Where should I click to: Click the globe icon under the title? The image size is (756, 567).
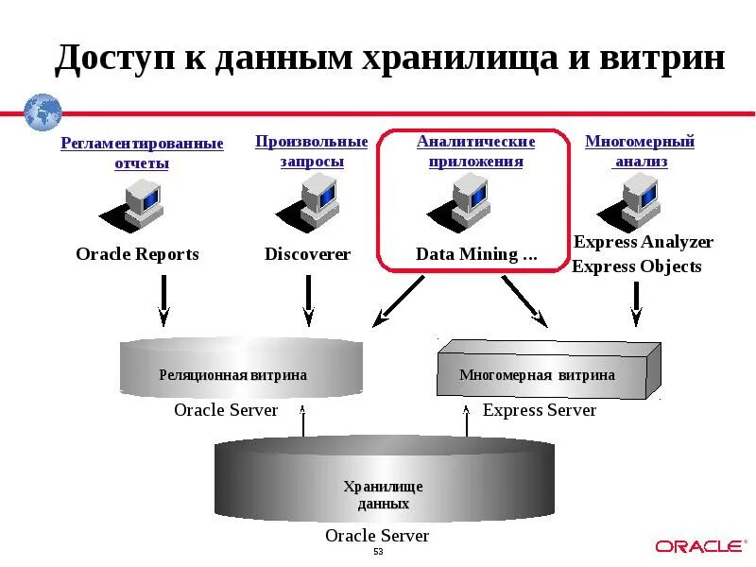(x=43, y=112)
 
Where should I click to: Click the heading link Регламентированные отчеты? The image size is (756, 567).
(x=142, y=153)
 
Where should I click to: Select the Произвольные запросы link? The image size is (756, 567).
(x=311, y=151)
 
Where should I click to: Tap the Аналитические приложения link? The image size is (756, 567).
(x=475, y=151)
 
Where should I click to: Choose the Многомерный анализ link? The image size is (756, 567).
(x=640, y=151)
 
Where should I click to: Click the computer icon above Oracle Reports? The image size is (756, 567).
(x=138, y=203)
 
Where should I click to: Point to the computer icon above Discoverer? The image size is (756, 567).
(x=312, y=201)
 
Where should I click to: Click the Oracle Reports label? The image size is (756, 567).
(x=137, y=254)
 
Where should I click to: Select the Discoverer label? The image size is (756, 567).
(x=307, y=254)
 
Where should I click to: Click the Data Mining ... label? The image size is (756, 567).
(x=476, y=254)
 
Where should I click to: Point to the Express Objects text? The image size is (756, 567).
(x=636, y=266)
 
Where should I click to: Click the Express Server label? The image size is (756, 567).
(x=540, y=410)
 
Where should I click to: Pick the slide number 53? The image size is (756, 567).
(x=378, y=552)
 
